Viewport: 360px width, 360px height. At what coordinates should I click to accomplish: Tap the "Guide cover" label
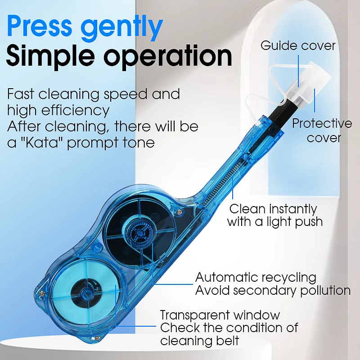tap(298, 45)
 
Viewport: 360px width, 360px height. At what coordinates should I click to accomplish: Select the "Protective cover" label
tap(322, 130)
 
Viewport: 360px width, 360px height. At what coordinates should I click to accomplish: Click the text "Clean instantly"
tap(273, 209)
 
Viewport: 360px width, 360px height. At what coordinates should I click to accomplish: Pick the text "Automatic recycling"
tap(256, 277)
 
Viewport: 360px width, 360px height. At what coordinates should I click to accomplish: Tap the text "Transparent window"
tap(220, 315)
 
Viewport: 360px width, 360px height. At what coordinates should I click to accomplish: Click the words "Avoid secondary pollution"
tap(273, 290)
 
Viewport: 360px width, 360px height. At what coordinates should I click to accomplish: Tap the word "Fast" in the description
tap(21, 94)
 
